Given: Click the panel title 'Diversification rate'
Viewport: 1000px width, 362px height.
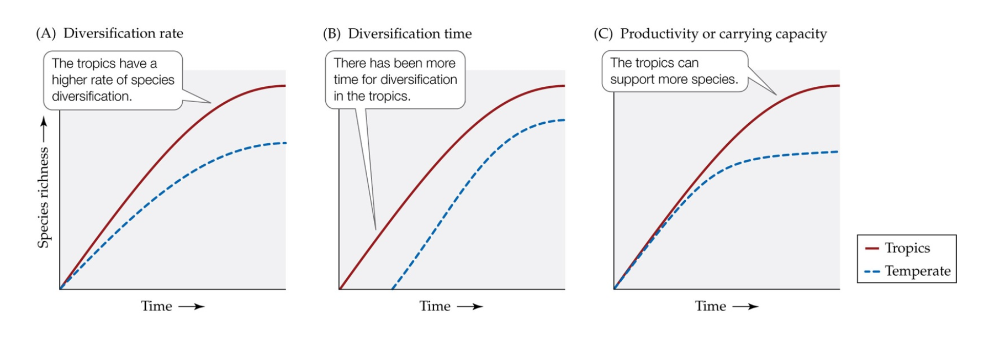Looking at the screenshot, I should click(123, 34).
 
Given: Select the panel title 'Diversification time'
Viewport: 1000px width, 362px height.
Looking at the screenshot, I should click(410, 34).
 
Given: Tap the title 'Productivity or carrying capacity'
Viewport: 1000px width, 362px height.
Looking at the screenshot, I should click(723, 34).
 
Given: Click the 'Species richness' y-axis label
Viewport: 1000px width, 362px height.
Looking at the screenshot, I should click(43, 197).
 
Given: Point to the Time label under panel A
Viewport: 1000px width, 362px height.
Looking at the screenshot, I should click(156, 306).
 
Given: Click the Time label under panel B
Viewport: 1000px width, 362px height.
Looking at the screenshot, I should click(435, 306).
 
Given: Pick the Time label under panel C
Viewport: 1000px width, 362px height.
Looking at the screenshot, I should click(711, 306).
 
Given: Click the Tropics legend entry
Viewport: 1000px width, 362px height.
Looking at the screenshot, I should click(907, 248).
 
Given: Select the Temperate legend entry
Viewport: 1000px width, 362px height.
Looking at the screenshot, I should click(917, 271).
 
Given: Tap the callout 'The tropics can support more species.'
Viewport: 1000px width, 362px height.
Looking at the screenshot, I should click(674, 71).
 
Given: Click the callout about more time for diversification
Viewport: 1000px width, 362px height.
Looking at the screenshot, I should click(395, 80).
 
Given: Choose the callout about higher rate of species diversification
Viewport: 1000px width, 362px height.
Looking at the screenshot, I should click(113, 80).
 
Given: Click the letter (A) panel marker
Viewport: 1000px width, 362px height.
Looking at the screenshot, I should click(46, 34).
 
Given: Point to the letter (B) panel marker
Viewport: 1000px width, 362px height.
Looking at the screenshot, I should click(332, 34).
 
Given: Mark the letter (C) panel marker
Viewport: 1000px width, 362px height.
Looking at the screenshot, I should click(603, 34).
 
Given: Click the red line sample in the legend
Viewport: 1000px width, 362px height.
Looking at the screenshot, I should click(872, 249).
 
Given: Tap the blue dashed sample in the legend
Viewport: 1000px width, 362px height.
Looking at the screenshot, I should click(872, 271).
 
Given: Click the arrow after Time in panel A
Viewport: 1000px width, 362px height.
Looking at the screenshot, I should click(192, 307).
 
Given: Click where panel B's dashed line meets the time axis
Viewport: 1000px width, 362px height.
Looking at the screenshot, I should click(392, 288).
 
